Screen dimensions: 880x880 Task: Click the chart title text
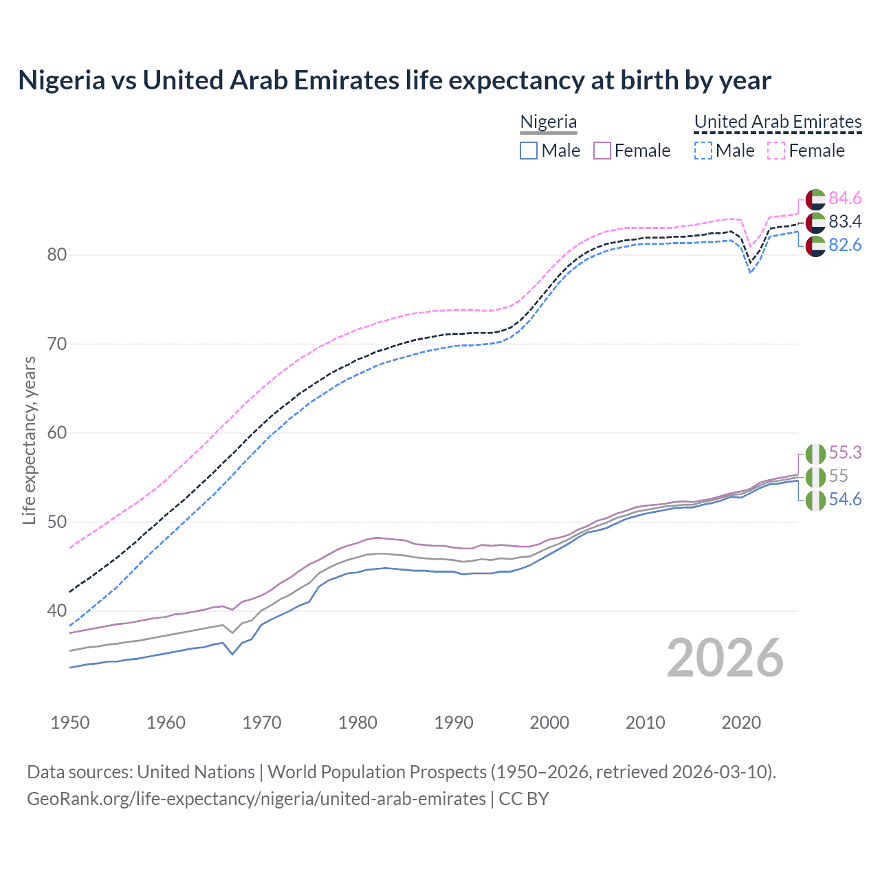(395, 80)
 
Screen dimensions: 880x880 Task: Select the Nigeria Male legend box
(528, 151)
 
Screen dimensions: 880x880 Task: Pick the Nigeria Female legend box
(602, 151)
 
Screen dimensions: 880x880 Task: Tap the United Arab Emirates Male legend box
(703, 151)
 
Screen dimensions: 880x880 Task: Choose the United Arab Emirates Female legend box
(776, 151)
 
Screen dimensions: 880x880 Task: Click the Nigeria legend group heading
(548, 122)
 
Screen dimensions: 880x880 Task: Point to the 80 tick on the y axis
(57, 254)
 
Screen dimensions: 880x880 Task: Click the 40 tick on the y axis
(57, 610)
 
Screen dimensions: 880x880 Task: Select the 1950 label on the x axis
(70, 723)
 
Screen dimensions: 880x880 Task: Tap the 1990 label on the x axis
(454, 723)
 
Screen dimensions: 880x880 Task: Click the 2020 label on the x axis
(741, 723)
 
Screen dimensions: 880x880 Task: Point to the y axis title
(29, 440)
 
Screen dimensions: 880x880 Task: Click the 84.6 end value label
(845, 199)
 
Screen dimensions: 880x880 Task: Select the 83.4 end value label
(845, 222)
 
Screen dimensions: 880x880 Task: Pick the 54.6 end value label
(845, 500)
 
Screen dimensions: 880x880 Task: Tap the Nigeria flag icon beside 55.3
(815, 454)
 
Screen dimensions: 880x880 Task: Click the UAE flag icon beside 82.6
(815, 246)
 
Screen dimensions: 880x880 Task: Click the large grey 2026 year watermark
(725, 658)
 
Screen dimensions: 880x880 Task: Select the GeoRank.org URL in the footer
(256, 799)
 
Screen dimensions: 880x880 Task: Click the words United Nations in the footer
(196, 772)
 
